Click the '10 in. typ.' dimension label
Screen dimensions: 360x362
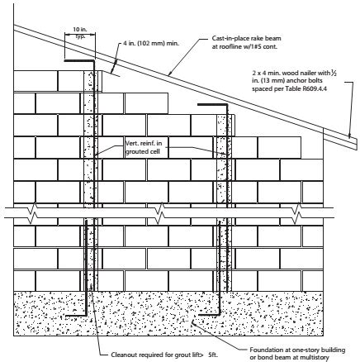point(80,32)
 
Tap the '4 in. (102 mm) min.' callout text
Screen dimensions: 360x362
point(151,43)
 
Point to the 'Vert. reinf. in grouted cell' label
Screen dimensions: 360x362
point(144,147)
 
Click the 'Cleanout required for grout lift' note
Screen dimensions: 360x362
point(164,355)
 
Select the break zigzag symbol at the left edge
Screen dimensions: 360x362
point(33,213)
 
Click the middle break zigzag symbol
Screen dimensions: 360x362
point(159,213)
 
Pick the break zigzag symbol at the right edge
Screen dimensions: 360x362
point(296,213)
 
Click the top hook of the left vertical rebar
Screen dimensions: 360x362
point(79,60)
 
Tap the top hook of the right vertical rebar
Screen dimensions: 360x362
point(213,104)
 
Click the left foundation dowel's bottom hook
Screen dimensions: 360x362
point(76,315)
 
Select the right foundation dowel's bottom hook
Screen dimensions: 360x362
point(210,314)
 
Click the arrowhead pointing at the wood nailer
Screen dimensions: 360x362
point(349,136)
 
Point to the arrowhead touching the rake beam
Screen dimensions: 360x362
point(170,73)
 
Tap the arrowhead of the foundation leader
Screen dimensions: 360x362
point(193,322)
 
